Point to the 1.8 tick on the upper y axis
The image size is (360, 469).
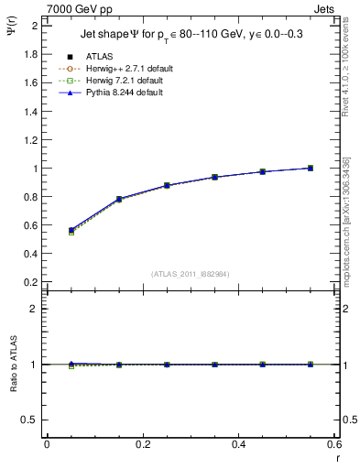(33, 54)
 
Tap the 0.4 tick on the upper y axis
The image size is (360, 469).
(33, 254)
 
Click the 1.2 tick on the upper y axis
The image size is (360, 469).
(33, 139)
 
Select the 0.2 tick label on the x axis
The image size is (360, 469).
(142, 444)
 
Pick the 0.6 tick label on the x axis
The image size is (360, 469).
(333, 444)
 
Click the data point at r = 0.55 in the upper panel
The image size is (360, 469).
(311, 168)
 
